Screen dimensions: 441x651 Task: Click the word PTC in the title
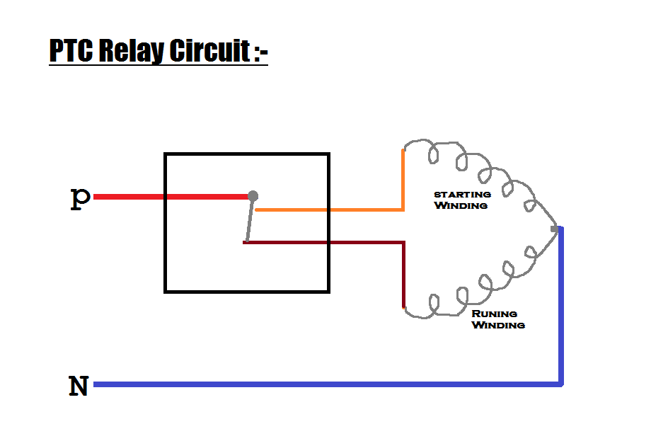pyautogui.click(x=72, y=51)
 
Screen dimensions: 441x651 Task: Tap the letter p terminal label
pyautogui.click(x=80, y=197)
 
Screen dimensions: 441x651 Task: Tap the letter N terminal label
pyautogui.click(x=79, y=386)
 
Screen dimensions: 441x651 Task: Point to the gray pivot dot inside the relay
pyautogui.click(x=253, y=196)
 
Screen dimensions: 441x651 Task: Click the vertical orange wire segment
pyautogui.click(x=403, y=180)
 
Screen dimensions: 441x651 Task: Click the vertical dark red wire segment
pyautogui.click(x=403, y=276)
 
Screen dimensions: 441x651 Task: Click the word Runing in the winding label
pyautogui.click(x=495, y=314)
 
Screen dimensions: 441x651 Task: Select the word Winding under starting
pyautogui.click(x=461, y=205)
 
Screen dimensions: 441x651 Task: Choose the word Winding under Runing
pyautogui.click(x=498, y=325)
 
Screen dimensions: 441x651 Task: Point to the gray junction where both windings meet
pyautogui.click(x=554, y=229)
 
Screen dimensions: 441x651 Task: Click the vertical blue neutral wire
pyautogui.click(x=562, y=304)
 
